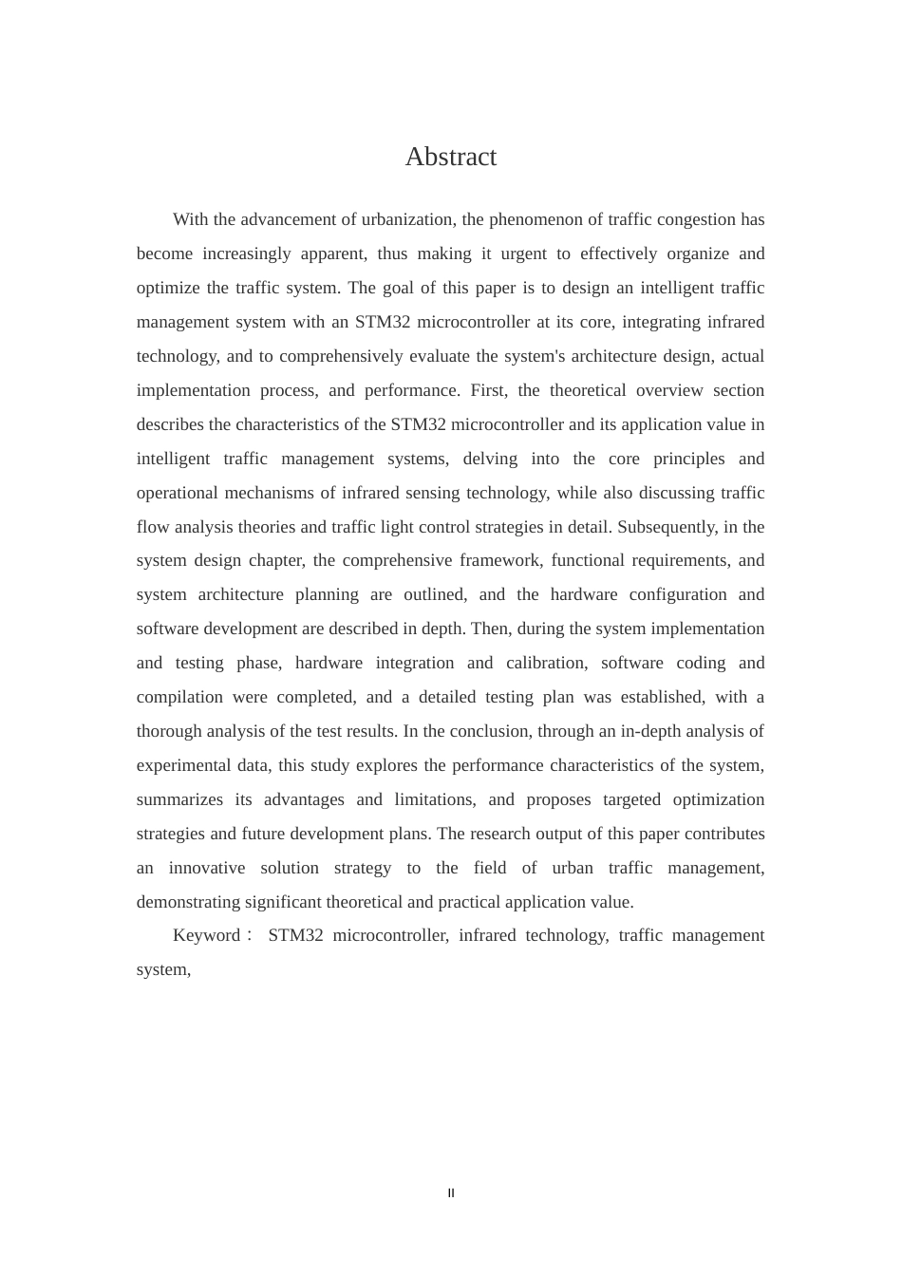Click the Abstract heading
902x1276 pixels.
click(x=450, y=157)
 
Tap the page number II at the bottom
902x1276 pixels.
click(x=451, y=1193)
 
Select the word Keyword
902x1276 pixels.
click(x=207, y=935)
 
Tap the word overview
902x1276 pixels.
click(x=669, y=390)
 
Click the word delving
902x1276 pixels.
click(x=490, y=459)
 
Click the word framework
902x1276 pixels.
click(x=496, y=560)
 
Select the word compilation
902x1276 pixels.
click(x=179, y=697)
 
